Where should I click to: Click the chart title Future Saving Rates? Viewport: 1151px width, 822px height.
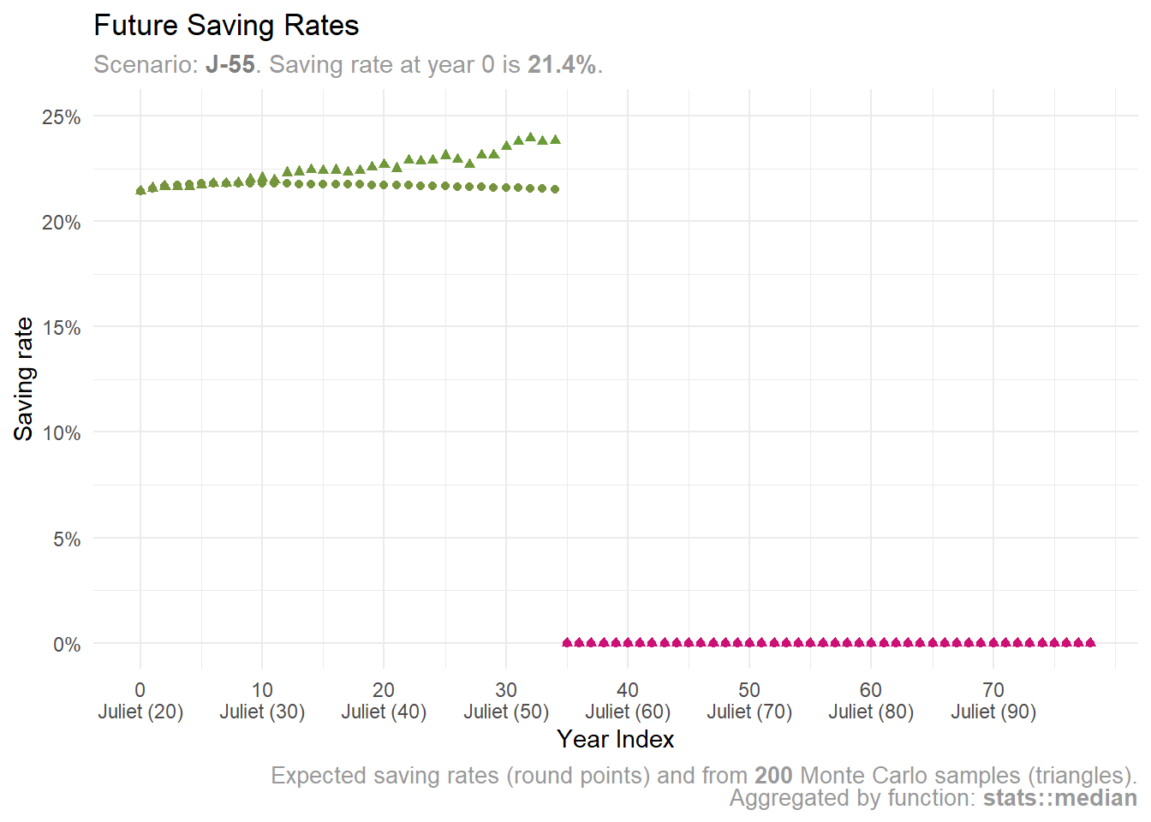point(226,26)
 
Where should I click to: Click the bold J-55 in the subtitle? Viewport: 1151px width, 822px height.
point(230,65)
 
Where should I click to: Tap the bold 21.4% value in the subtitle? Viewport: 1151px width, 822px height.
point(561,65)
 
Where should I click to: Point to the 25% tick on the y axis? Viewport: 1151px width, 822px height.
point(62,117)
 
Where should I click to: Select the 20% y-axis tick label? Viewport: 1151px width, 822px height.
point(62,223)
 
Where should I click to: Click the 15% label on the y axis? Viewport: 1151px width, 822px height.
point(62,328)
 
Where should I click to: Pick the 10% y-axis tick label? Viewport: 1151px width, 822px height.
point(62,433)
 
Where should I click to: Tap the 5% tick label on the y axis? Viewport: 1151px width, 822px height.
point(67,539)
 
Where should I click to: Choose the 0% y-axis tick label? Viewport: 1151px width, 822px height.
point(67,645)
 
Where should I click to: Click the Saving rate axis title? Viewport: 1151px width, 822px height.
point(24,378)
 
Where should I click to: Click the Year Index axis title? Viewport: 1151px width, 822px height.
point(615,740)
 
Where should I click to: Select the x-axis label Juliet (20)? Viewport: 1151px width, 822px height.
point(140,712)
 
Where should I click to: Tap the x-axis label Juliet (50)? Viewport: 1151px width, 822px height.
point(506,712)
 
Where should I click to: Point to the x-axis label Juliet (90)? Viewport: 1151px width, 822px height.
point(993,712)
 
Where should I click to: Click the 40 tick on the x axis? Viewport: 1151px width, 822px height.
point(628,690)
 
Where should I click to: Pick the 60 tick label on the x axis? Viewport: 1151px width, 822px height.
point(871,690)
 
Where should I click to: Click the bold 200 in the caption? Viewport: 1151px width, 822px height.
point(773,776)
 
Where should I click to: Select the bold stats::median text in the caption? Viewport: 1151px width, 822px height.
point(1059,798)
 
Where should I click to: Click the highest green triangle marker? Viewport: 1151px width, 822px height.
point(530,137)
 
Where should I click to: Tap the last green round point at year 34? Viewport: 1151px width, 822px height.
point(555,189)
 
